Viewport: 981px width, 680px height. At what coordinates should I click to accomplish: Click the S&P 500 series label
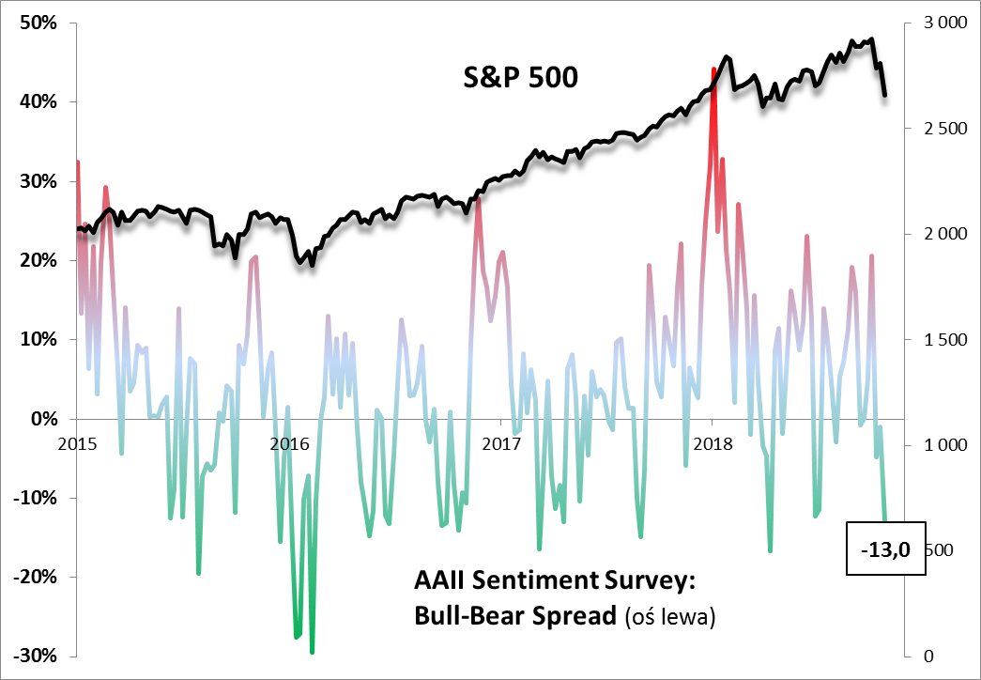[x=521, y=77]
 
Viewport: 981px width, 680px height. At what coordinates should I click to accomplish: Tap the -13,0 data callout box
[x=885, y=549]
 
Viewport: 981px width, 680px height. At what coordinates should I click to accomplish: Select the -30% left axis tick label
[x=36, y=656]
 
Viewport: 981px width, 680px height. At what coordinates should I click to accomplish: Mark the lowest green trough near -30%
[x=312, y=651]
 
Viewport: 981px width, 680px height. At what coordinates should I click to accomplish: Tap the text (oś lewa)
[x=669, y=617]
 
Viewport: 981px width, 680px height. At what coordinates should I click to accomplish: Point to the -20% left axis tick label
[x=36, y=577]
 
